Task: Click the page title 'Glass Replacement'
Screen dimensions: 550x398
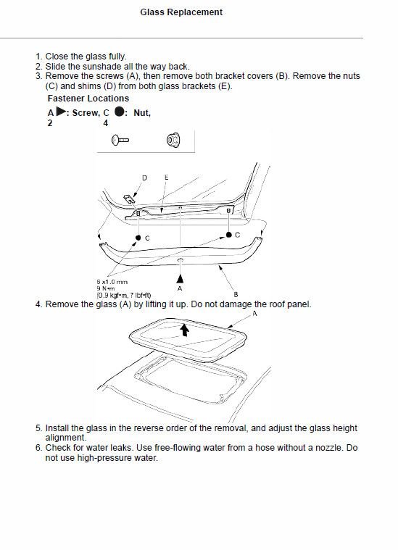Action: click(x=191, y=12)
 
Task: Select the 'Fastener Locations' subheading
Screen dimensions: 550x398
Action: click(x=88, y=99)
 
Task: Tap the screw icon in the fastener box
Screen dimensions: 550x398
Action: click(x=120, y=138)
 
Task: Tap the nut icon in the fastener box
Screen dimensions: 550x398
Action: click(x=173, y=138)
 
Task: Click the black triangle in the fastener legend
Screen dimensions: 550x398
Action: click(x=60, y=112)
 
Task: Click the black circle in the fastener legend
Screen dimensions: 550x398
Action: click(x=119, y=112)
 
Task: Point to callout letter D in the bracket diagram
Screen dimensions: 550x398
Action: click(x=144, y=178)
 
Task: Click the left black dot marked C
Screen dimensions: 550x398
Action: click(x=137, y=238)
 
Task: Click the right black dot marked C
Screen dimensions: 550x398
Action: click(x=228, y=235)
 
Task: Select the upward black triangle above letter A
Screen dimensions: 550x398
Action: click(x=180, y=277)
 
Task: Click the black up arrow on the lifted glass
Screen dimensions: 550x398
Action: click(x=186, y=330)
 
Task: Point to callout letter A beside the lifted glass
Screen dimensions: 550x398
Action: click(x=254, y=314)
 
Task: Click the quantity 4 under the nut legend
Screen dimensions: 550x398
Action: click(x=105, y=123)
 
